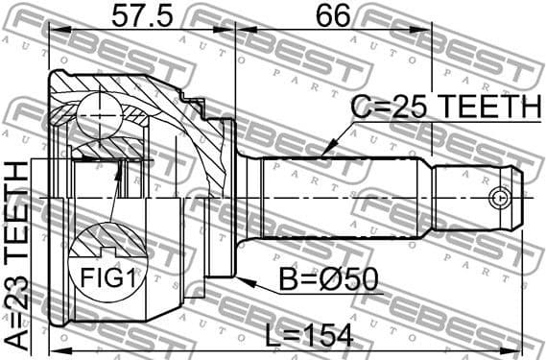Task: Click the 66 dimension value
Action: tap(333, 16)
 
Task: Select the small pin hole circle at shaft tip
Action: tap(497, 198)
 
